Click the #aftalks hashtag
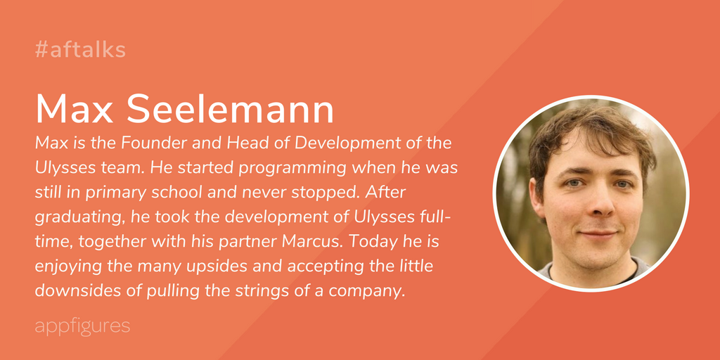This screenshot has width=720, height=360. click(80, 50)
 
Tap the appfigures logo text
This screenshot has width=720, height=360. click(83, 326)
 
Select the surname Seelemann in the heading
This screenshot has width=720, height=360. click(231, 109)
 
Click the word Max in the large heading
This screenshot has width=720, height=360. click(75, 109)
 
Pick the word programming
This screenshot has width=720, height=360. click(292, 167)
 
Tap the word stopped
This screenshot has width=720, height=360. click(329, 193)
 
